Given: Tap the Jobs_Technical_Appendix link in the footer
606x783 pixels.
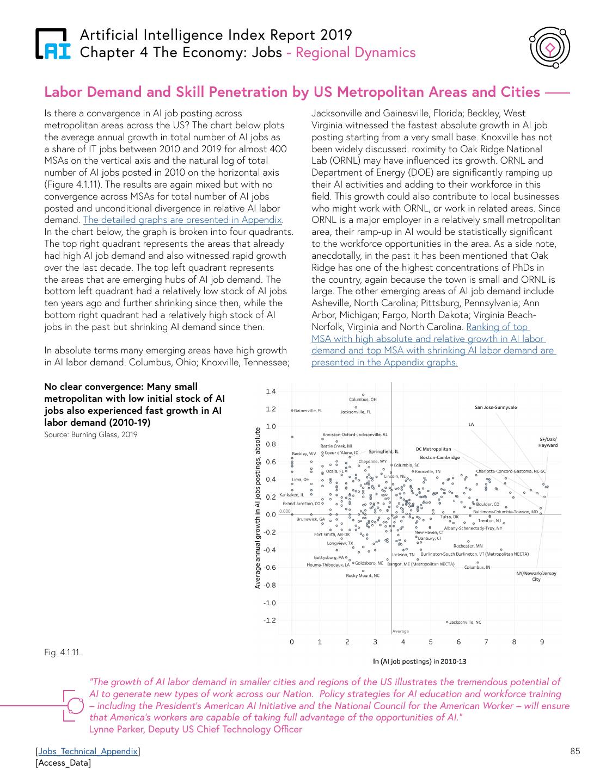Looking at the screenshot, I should click(x=88, y=751).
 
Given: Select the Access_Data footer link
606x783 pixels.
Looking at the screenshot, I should click(x=63, y=763).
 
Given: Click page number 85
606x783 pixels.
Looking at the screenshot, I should click(x=575, y=751).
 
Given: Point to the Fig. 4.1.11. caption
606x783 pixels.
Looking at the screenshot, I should click(x=63, y=652).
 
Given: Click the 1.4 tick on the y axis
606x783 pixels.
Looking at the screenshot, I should click(x=271, y=391).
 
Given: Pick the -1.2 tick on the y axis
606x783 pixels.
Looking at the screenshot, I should click(x=270, y=620).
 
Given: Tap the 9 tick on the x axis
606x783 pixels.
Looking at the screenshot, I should click(x=542, y=642).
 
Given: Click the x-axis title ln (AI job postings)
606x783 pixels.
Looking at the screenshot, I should click(x=419, y=661).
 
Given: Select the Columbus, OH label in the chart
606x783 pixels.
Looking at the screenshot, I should click(x=363, y=400).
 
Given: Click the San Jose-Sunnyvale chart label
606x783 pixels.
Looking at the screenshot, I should click(x=495, y=407).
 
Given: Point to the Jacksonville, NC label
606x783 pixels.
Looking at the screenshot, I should click(x=465, y=622).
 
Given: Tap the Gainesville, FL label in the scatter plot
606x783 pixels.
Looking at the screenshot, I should click(x=308, y=411).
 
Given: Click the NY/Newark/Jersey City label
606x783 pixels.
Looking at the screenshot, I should click(x=536, y=576).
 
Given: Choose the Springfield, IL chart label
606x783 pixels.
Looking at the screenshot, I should click(x=383, y=451).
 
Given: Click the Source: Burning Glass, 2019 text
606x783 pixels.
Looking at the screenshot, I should click(x=90, y=434).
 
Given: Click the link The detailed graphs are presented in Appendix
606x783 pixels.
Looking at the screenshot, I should click(x=183, y=220).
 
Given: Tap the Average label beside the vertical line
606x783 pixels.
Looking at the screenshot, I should click(x=400, y=631).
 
